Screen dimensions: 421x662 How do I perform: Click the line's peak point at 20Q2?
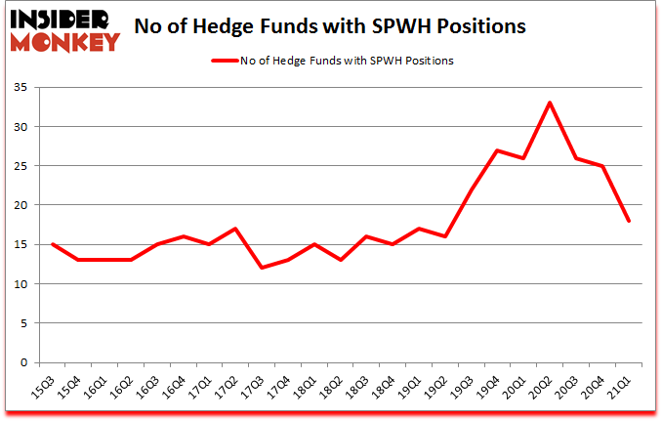(549, 103)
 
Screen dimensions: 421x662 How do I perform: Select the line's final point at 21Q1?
(629, 221)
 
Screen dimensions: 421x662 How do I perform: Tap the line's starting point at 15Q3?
(52, 244)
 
